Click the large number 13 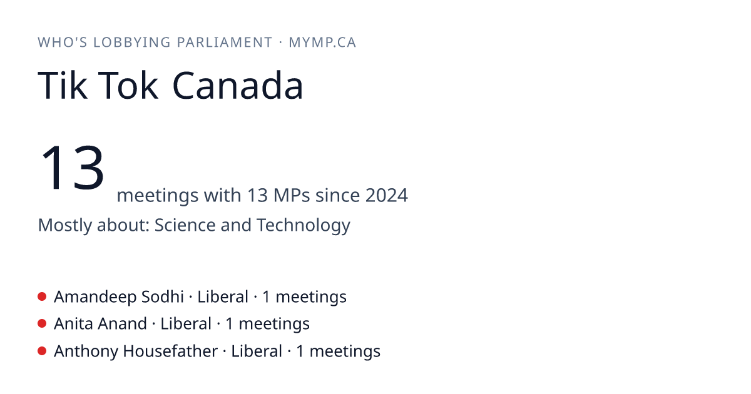(x=73, y=167)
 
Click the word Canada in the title (x=238, y=86)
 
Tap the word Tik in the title (x=63, y=86)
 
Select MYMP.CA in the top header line (x=322, y=43)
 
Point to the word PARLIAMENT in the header (x=224, y=43)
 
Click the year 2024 (x=387, y=195)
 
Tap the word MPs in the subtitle (x=292, y=195)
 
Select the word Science (x=185, y=225)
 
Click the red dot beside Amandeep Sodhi (x=42, y=296)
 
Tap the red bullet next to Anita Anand (x=42, y=324)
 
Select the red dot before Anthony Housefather (x=42, y=351)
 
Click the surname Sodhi (x=163, y=297)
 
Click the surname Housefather (x=170, y=351)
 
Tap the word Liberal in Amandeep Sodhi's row (x=223, y=297)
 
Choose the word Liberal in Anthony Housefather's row (x=257, y=351)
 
